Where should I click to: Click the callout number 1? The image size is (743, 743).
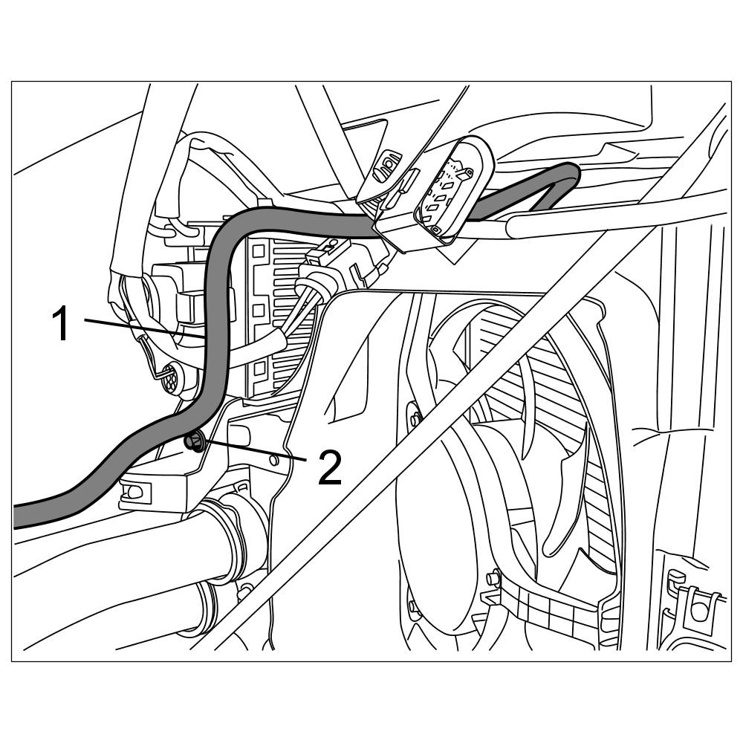click(64, 325)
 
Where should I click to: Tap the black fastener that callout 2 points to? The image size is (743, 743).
click(194, 443)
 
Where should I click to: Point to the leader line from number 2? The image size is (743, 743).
click(256, 452)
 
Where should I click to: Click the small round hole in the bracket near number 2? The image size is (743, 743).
click(276, 461)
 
